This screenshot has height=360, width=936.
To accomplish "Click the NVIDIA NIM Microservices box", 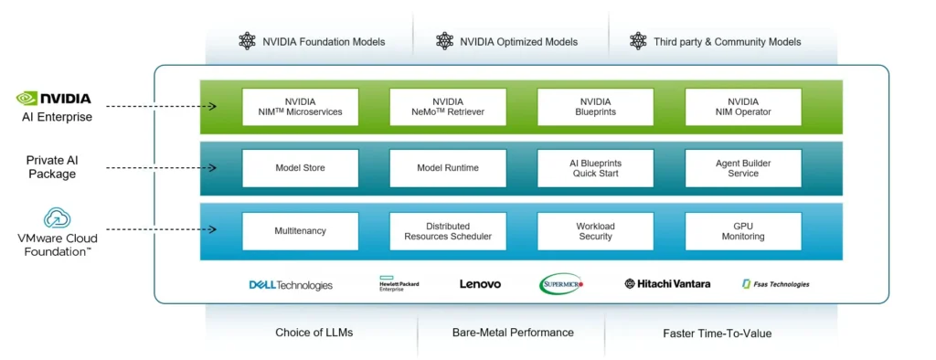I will [300, 107].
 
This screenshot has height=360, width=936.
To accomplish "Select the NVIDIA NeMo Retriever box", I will [448, 107].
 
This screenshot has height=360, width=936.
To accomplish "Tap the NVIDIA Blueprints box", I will [595, 107].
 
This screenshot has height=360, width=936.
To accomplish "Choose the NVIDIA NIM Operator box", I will [742, 107].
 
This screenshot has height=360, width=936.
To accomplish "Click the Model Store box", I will [300, 168].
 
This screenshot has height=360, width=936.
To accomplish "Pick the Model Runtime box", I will [448, 168].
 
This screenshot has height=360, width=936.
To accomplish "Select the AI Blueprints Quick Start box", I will [595, 168].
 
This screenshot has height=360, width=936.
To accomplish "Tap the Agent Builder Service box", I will [742, 168].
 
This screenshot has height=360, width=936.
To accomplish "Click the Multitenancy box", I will [300, 231].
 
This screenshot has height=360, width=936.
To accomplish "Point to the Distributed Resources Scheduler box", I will [448, 231].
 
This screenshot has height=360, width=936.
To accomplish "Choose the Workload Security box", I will [595, 231].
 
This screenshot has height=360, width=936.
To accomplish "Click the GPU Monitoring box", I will [742, 231].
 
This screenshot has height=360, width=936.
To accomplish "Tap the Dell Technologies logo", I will [291, 285].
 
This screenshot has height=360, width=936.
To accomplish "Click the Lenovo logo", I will [480, 284].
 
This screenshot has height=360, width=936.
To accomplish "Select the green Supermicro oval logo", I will [561, 284].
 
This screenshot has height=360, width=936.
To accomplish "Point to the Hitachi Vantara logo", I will [667, 284].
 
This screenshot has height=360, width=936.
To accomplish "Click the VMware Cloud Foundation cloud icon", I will [57, 217].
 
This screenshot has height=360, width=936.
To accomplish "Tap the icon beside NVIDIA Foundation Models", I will [247, 41].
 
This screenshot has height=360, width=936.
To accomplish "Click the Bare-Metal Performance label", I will [513, 333].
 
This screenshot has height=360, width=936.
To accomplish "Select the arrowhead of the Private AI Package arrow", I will [212, 168].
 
